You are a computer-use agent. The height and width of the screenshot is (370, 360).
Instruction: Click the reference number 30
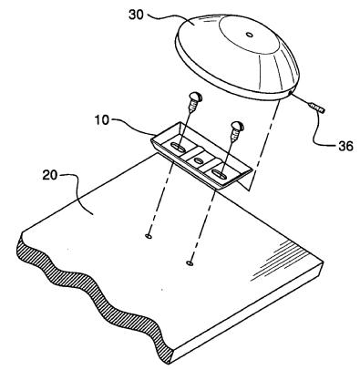point(136,15)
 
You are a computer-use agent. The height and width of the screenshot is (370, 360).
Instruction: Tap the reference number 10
point(101,120)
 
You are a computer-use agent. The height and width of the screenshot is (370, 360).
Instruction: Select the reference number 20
point(50,176)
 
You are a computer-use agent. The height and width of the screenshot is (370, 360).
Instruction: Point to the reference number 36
point(345,146)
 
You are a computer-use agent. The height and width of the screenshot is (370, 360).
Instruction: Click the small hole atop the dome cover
point(249,35)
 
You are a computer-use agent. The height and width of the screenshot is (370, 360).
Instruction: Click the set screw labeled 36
point(316,108)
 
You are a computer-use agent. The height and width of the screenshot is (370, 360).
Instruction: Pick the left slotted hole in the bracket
point(178,148)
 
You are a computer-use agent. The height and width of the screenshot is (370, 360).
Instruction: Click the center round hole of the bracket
point(199,160)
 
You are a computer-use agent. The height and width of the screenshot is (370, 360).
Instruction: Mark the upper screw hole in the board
point(149,236)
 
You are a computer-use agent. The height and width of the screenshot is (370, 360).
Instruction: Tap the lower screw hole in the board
point(190,262)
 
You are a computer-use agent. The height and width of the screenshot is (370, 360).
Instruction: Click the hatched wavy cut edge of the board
point(91,299)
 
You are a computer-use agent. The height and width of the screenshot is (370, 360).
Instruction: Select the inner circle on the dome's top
point(249,35)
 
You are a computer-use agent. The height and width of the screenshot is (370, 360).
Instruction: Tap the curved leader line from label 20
point(77,193)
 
